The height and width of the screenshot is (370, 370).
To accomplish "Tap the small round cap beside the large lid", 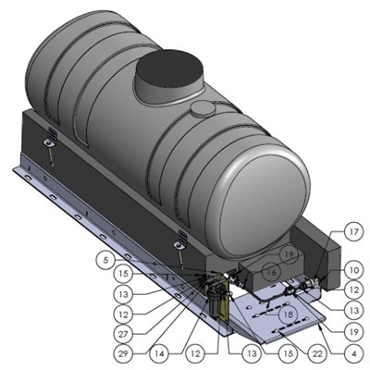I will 202,108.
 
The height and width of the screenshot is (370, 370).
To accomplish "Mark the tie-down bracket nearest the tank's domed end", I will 178,242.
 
